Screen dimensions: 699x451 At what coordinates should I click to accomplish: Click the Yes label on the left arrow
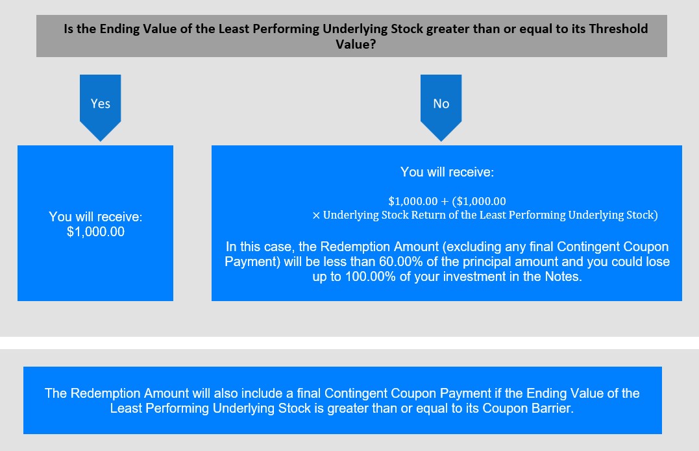pyautogui.click(x=101, y=103)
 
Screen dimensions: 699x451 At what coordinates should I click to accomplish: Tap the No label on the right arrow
pyautogui.click(x=441, y=103)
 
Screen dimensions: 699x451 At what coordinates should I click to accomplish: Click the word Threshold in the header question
pyautogui.click(x=619, y=29)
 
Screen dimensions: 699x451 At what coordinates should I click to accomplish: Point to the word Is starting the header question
pyautogui.click(x=68, y=29)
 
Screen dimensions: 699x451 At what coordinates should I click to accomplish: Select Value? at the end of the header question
pyautogui.click(x=356, y=44)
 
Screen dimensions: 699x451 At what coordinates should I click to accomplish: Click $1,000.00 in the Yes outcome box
pyautogui.click(x=95, y=232)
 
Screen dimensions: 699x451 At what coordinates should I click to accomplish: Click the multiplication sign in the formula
pyautogui.click(x=316, y=215)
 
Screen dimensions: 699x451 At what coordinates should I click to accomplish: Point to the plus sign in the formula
pyautogui.click(x=445, y=201)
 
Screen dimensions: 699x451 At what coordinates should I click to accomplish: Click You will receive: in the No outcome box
pyautogui.click(x=447, y=172)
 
